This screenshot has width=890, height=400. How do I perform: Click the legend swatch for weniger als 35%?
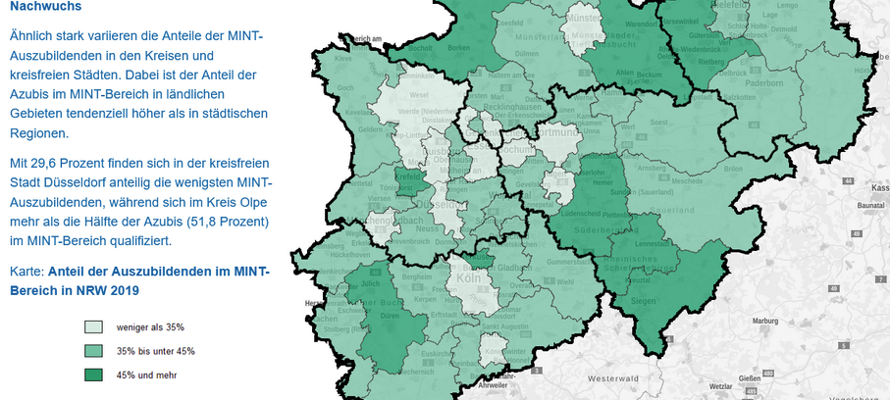click(93, 327)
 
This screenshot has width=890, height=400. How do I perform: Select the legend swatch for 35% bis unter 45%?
click(93, 351)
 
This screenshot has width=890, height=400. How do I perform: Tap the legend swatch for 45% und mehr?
click(93, 375)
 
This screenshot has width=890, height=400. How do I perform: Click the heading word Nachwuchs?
click(45, 6)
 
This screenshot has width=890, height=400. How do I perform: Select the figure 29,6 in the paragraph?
click(51, 162)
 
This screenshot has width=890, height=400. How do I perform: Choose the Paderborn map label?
click(736, 83)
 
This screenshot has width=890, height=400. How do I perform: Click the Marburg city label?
click(737, 321)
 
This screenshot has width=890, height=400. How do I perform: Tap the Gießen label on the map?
click(750, 378)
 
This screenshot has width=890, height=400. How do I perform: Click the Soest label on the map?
click(659, 123)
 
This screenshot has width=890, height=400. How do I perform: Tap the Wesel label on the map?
click(419, 96)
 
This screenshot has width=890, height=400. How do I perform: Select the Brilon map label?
click(732, 169)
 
